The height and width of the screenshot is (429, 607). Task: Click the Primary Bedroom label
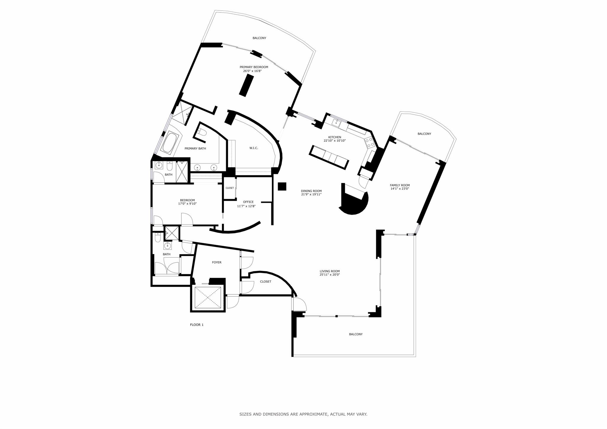[254, 67]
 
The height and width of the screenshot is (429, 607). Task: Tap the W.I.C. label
[253, 148]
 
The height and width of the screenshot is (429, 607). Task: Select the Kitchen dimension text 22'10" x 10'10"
[334, 141]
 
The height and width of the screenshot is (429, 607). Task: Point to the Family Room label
[400, 185]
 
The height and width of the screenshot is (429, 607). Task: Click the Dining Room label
[311, 191]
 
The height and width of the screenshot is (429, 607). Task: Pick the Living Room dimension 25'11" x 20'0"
[330, 275]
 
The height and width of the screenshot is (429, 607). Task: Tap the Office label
[248, 202]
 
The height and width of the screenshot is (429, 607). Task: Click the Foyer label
[217, 262]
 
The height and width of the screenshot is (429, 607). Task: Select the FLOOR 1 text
[197, 325]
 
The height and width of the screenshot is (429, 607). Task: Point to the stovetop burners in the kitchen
[369, 143]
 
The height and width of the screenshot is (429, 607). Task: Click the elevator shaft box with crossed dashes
[208, 297]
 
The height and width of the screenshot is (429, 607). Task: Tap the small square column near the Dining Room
[282, 186]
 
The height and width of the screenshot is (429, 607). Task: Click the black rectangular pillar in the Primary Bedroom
[246, 85]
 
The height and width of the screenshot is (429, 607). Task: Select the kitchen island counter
[329, 157]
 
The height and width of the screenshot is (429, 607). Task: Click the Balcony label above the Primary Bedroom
[259, 38]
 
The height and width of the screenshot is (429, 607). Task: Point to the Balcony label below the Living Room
[356, 334]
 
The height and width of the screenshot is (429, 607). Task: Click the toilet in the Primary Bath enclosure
[202, 133]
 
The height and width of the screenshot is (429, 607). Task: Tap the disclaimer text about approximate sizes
[303, 414]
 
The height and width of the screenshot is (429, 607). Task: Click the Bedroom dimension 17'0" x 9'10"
[187, 204]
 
